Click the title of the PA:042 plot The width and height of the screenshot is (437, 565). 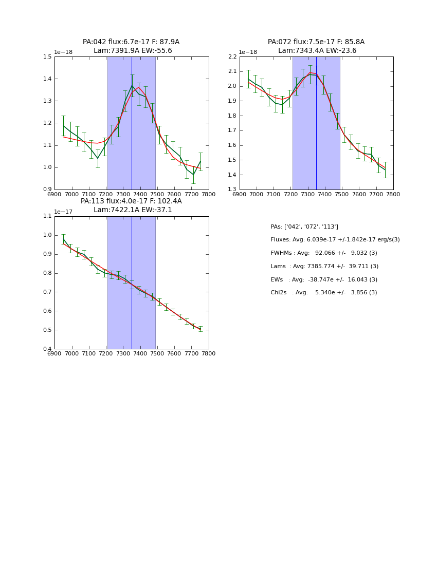[131, 46]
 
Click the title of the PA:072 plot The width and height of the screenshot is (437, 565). [316, 46]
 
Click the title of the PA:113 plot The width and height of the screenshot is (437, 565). [131, 205]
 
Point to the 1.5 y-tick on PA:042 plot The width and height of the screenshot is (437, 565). [47, 56]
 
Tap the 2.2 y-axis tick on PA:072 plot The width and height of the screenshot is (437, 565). [232, 56]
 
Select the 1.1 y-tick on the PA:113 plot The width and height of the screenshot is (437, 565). [47, 216]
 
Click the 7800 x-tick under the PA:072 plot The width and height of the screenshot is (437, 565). [393, 194]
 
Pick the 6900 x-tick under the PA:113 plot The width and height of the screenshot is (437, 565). [54, 353]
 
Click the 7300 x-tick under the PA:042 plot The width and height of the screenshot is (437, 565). [123, 194]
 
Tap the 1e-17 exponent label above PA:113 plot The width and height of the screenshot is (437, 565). [63, 212]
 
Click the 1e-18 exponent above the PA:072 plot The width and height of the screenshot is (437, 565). [248, 52]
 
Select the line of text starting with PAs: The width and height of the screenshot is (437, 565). [304, 227]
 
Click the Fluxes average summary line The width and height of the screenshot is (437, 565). [335, 240]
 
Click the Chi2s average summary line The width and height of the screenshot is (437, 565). [324, 293]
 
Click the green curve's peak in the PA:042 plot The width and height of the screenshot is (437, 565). [132, 86]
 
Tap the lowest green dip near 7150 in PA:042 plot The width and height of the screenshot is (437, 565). [98, 158]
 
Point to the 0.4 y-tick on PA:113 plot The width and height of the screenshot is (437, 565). [47, 349]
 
